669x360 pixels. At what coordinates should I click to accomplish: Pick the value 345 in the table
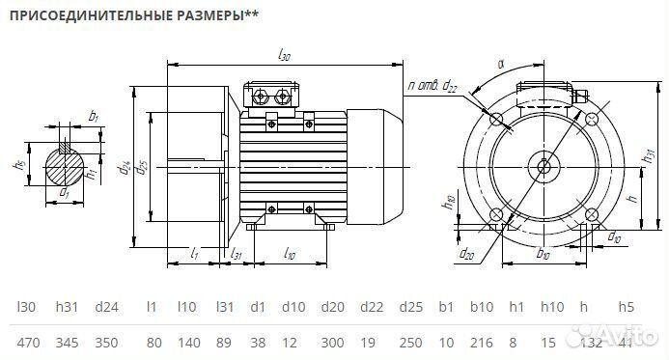pyautogui.click(x=67, y=342)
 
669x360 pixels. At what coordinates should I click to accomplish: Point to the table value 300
pyautogui.click(x=331, y=342)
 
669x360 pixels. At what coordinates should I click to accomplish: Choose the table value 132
pyautogui.click(x=583, y=342)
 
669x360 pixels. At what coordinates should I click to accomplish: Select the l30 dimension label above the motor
pyautogui.click(x=284, y=57)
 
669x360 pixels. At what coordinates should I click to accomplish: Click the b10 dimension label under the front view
pyautogui.click(x=543, y=257)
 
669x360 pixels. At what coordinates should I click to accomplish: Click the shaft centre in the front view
pyautogui.click(x=544, y=168)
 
